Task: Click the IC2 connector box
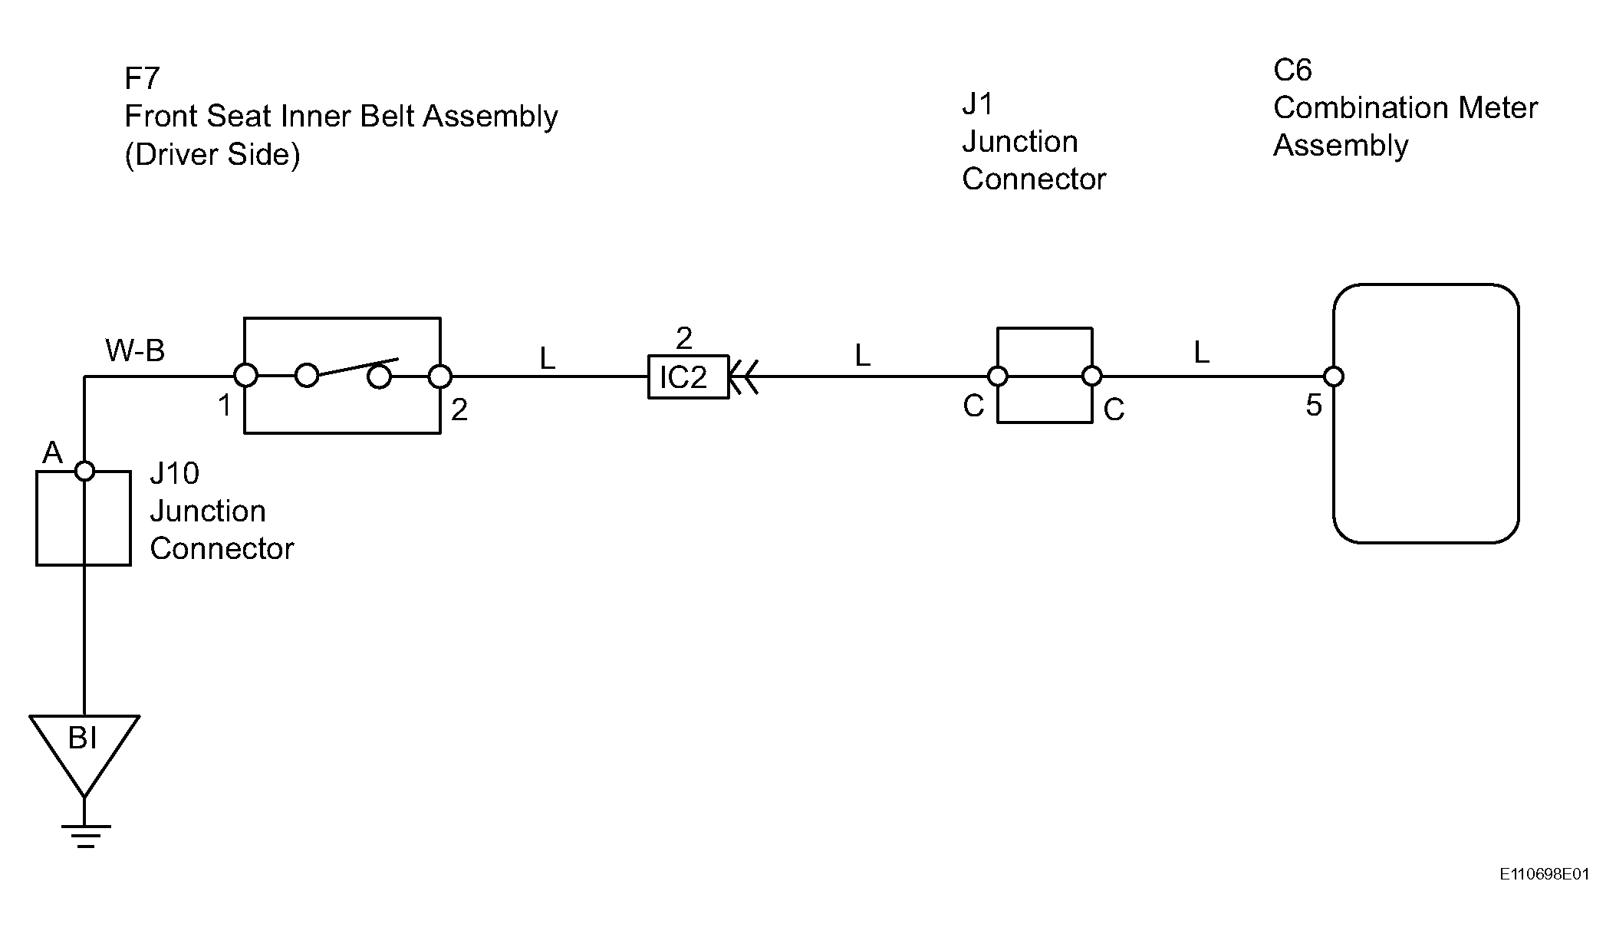[x=688, y=376]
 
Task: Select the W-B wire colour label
[x=135, y=350]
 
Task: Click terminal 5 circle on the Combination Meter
[x=1334, y=376]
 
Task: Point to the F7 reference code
[x=142, y=78]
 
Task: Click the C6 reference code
[x=1292, y=70]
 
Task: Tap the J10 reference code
[x=175, y=473]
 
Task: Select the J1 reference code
[x=978, y=104]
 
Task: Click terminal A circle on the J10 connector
[x=84, y=471]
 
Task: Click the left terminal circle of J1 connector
[x=997, y=376]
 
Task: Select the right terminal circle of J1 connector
[x=1092, y=376]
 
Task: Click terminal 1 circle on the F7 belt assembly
[x=245, y=376]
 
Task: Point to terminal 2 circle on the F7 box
[x=440, y=376]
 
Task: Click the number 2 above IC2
[x=684, y=337]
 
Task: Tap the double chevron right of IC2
[x=743, y=376]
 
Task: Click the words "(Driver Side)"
[x=212, y=155]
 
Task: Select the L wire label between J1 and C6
[x=1201, y=352]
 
